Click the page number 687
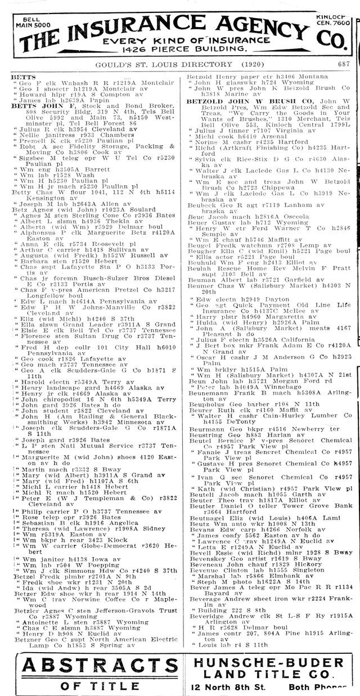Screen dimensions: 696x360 click(x=344, y=64)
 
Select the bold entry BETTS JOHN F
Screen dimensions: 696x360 click(x=35, y=105)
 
